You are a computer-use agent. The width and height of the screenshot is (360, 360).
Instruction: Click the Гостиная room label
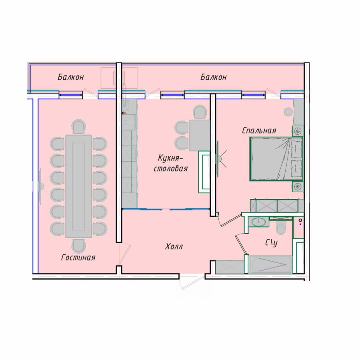pos(78,257)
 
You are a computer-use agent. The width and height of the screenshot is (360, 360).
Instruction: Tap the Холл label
pos(174,246)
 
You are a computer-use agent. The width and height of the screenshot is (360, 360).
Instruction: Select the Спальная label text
pos(259,131)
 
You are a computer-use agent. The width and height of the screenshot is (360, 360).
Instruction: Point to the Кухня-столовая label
pos(170,163)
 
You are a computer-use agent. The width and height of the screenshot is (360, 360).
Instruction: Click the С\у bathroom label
pos(271,243)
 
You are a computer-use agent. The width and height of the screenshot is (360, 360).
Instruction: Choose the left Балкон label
pos(71,77)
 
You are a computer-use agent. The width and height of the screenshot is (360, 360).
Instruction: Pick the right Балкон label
pos(214,77)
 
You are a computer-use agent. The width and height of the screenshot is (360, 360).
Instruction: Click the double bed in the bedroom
pos(276,159)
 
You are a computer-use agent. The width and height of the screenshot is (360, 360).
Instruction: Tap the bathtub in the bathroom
pos(270,264)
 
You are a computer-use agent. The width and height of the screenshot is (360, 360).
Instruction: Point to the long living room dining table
pos(78,186)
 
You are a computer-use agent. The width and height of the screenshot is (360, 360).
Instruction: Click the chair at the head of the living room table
pos(78,126)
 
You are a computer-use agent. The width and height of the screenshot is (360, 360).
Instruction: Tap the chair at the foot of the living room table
pos(78,246)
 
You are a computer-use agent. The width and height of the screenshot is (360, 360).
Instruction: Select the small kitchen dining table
pos(200,135)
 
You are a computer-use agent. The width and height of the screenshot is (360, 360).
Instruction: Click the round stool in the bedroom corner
pos(288,112)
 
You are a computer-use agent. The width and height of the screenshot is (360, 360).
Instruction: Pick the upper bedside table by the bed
pos(298,131)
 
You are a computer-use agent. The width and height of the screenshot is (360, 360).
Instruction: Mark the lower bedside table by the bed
pos(298,186)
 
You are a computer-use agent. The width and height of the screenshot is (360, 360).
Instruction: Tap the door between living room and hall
pos(124,254)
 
